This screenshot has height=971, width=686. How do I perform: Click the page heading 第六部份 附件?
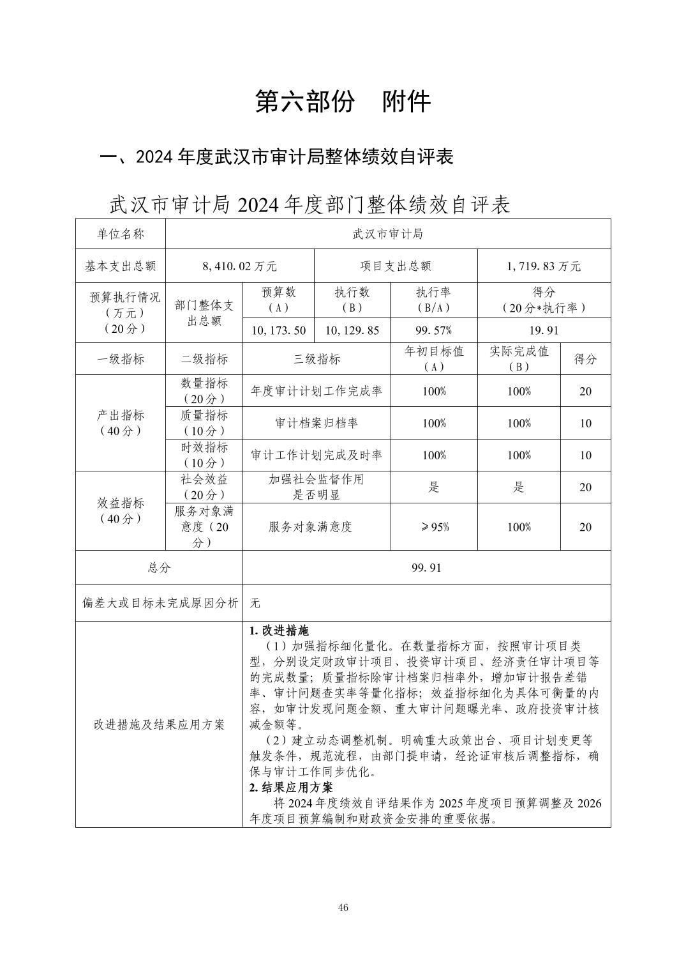coord(343,102)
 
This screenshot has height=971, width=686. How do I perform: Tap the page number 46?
coord(343,908)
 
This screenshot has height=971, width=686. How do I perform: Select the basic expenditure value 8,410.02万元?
coord(239,266)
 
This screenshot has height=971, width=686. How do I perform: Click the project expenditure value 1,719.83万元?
coord(544,266)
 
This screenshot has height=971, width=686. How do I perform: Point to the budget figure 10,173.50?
coord(279,330)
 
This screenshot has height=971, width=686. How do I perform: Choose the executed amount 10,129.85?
coord(352,330)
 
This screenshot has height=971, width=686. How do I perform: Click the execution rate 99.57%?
coord(434,330)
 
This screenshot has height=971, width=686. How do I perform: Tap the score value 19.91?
coord(544,330)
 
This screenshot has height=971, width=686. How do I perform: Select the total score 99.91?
coord(426,568)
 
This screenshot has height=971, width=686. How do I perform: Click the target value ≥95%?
coord(434,527)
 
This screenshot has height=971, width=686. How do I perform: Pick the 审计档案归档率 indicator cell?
coord(317,423)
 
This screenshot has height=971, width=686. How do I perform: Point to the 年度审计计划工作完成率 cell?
coord(317,391)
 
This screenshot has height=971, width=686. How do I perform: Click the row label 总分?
coord(159,568)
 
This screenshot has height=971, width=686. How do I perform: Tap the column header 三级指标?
coord(317,359)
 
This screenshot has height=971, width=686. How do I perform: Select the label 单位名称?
coord(121,234)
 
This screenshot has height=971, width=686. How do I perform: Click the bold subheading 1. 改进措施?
coord(279,631)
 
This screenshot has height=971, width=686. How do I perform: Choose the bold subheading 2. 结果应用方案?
coord(291,787)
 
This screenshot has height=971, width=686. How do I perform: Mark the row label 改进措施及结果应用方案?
coord(159,724)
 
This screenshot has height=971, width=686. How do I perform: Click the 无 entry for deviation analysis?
coord(255,602)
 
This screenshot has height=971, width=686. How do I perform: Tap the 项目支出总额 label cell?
coord(396,266)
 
